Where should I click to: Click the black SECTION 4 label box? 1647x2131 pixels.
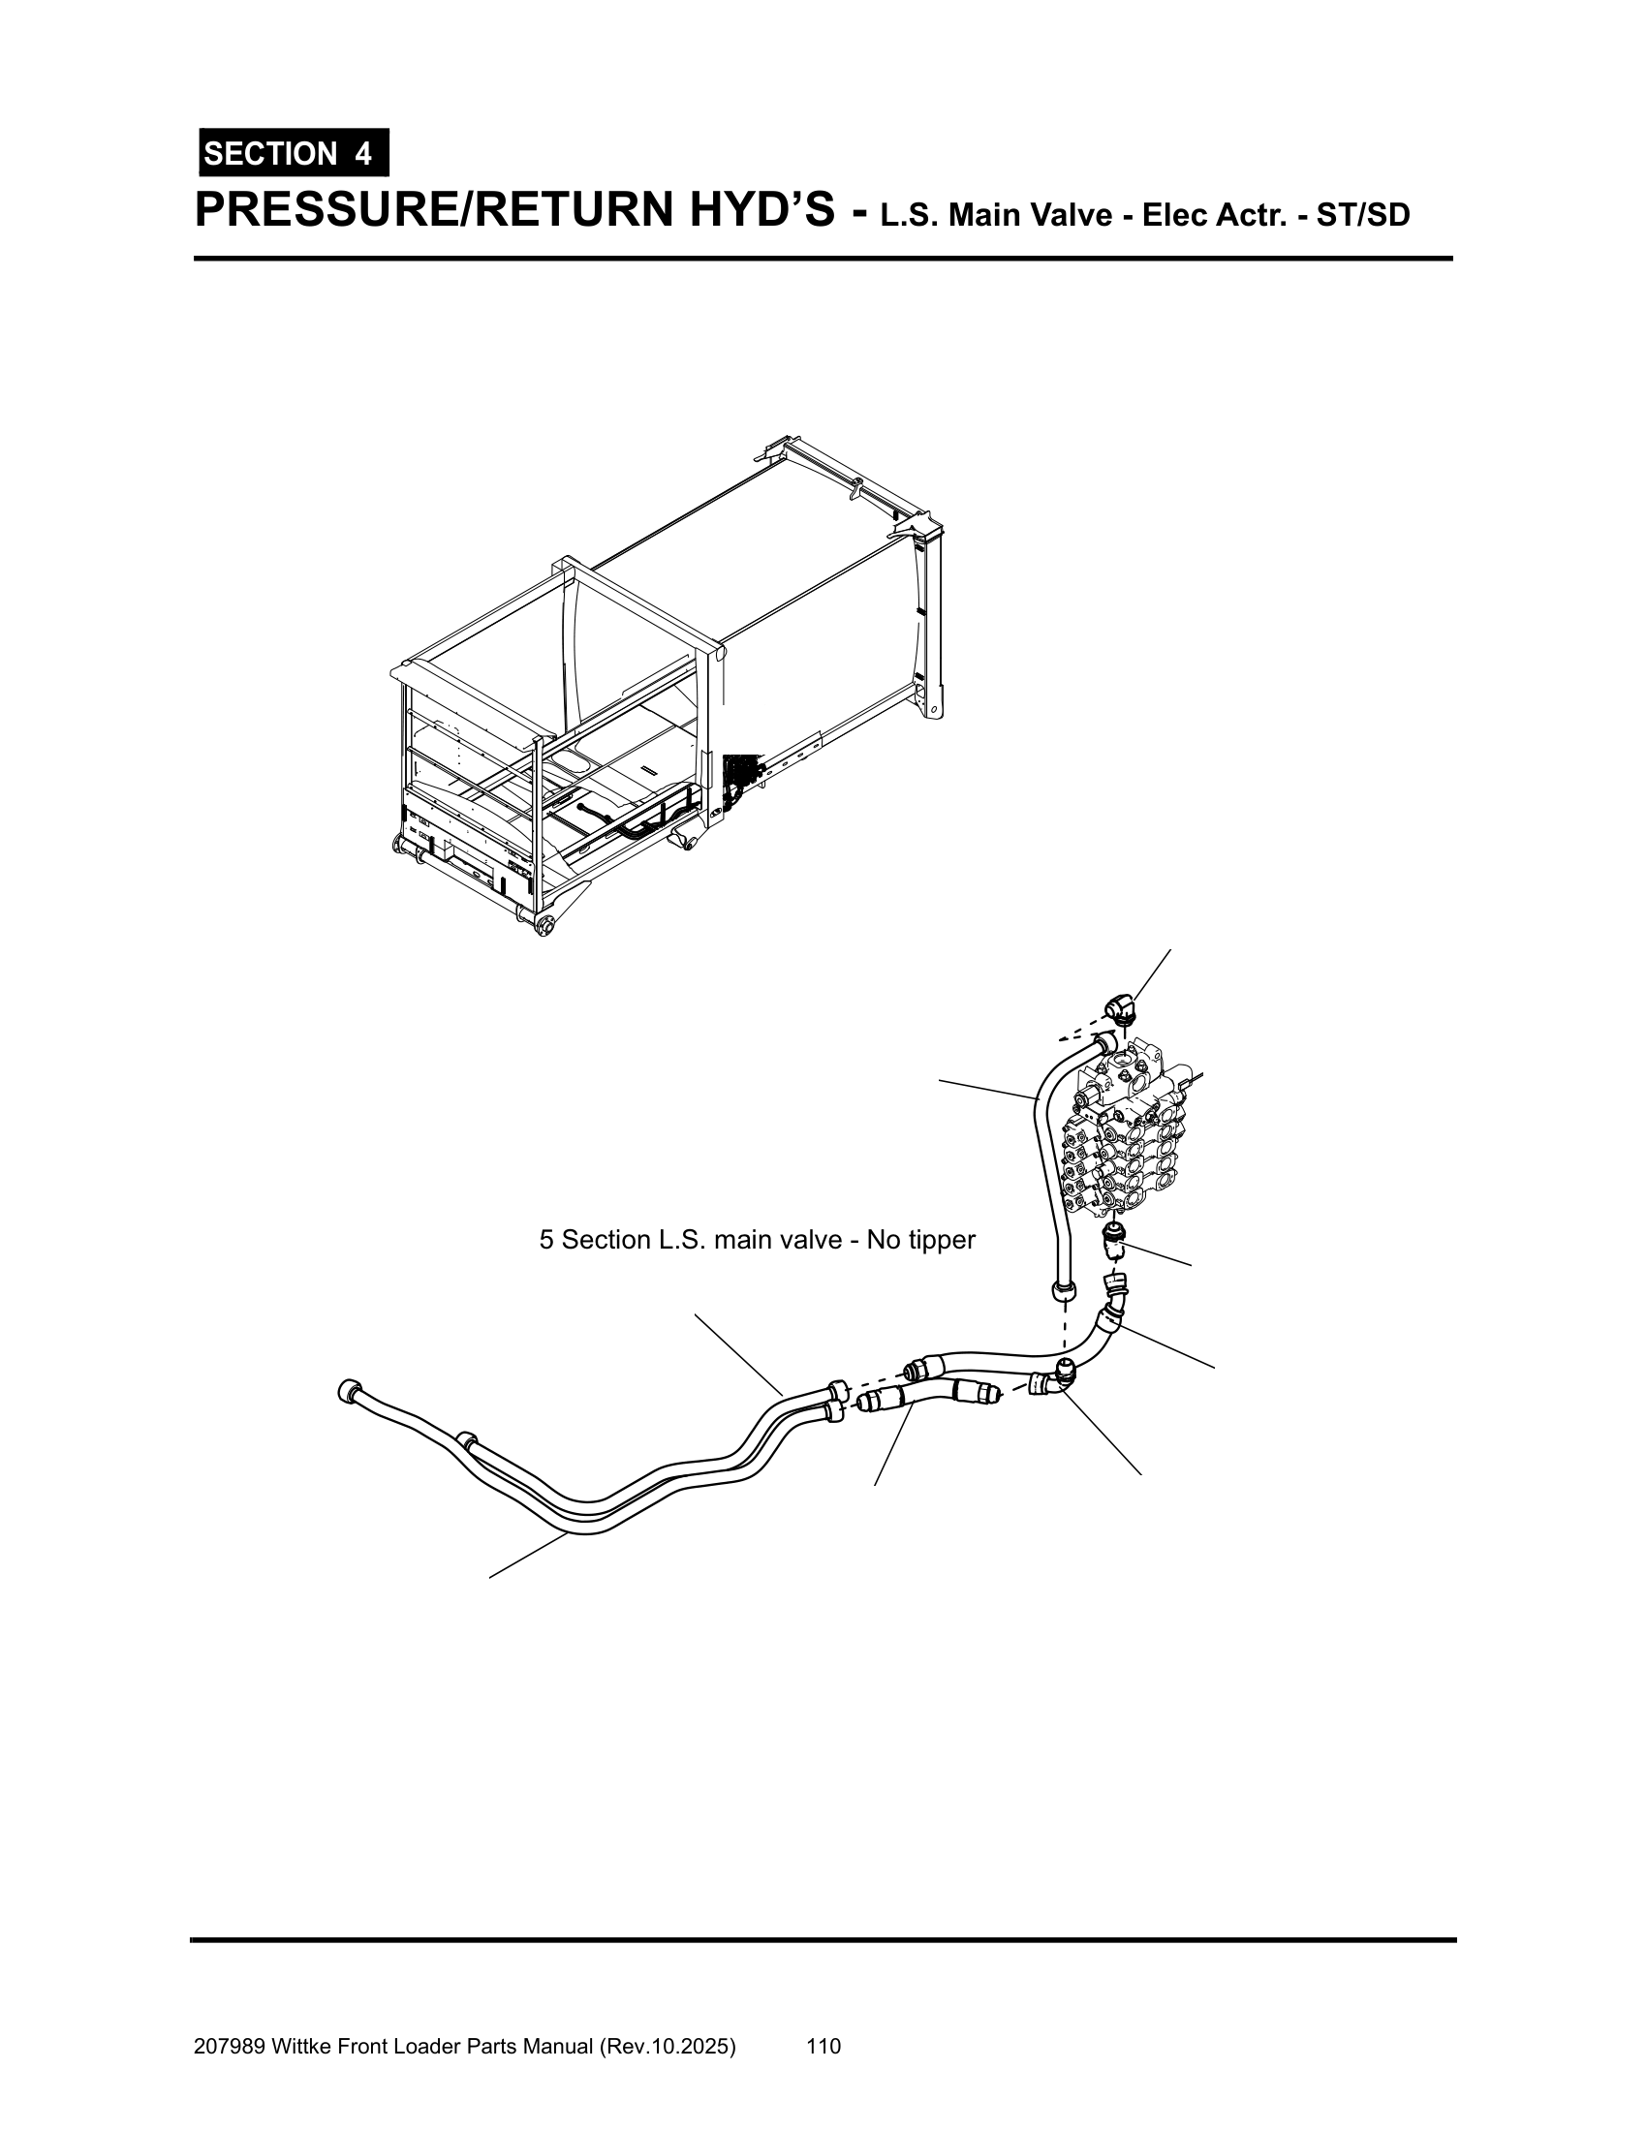(293, 153)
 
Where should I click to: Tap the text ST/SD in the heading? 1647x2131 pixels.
(1362, 215)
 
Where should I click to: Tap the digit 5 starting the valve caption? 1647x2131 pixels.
(546, 1240)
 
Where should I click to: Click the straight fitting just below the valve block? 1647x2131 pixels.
(1114, 1242)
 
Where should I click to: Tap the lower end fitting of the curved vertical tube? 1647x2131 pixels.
(1064, 1292)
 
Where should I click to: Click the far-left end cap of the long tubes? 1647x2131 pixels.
(347, 1390)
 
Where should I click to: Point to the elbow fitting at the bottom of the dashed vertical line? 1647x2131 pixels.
(1057, 1374)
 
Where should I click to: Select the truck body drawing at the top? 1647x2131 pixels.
(664, 693)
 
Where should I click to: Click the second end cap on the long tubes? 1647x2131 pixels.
(466, 1438)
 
